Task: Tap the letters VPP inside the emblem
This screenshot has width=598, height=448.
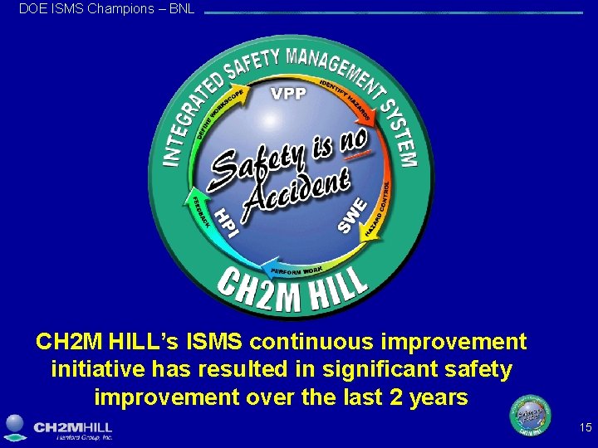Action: tap(288, 93)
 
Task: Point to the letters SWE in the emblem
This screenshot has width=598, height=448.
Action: tap(352, 214)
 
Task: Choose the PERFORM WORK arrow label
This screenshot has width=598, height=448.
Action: tap(296, 270)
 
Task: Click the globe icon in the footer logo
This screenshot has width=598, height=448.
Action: tap(16, 426)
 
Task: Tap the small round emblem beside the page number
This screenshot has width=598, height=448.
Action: tap(530, 416)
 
